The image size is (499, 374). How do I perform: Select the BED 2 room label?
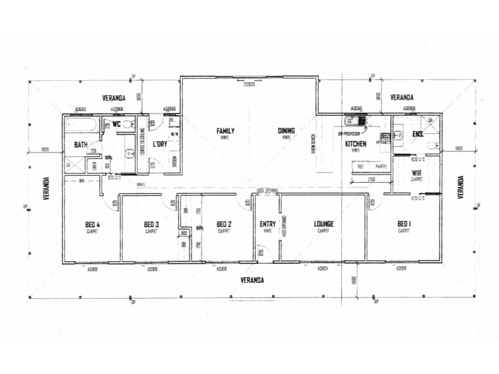(x=223, y=224)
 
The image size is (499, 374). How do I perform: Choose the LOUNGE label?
(x=323, y=224)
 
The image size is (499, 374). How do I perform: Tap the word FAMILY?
(x=225, y=132)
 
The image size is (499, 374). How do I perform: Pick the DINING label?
(x=287, y=132)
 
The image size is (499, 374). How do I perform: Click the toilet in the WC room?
(x=127, y=126)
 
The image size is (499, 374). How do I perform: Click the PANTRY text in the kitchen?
(x=380, y=166)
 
